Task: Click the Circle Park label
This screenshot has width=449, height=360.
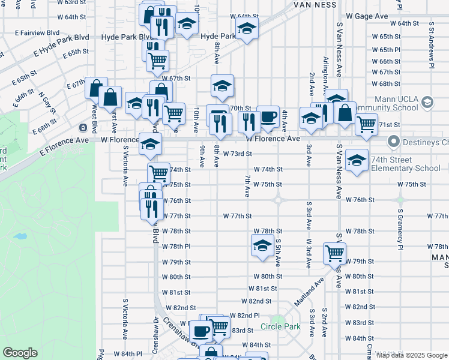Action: tap(280, 328)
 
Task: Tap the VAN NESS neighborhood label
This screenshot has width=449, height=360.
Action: tap(318, 4)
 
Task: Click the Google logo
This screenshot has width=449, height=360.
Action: tap(20, 353)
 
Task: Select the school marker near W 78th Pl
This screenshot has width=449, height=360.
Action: tap(262, 245)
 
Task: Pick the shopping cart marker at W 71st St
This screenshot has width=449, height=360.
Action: tap(366, 124)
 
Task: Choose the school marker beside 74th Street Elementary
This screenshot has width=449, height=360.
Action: tap(357, 160)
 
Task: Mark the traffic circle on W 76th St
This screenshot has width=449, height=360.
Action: tap(278, 200)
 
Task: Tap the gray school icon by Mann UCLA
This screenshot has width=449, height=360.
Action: tap(427, 102)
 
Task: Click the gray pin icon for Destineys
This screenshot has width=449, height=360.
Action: tap(394, 142)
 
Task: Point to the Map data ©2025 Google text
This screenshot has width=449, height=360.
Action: tap(411, 355)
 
